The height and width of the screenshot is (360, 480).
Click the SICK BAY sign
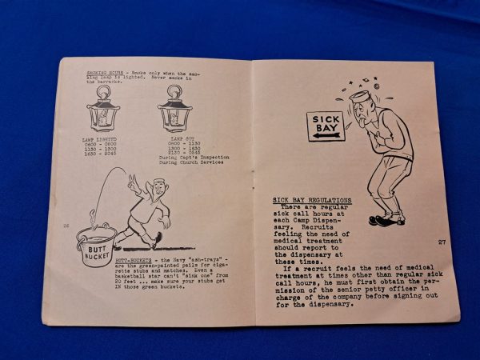tap(326, 126)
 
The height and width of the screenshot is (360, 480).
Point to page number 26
tap(67, 226)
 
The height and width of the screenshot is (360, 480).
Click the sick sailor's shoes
tap(386, 218)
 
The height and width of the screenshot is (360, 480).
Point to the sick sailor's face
tap(365, 113)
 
